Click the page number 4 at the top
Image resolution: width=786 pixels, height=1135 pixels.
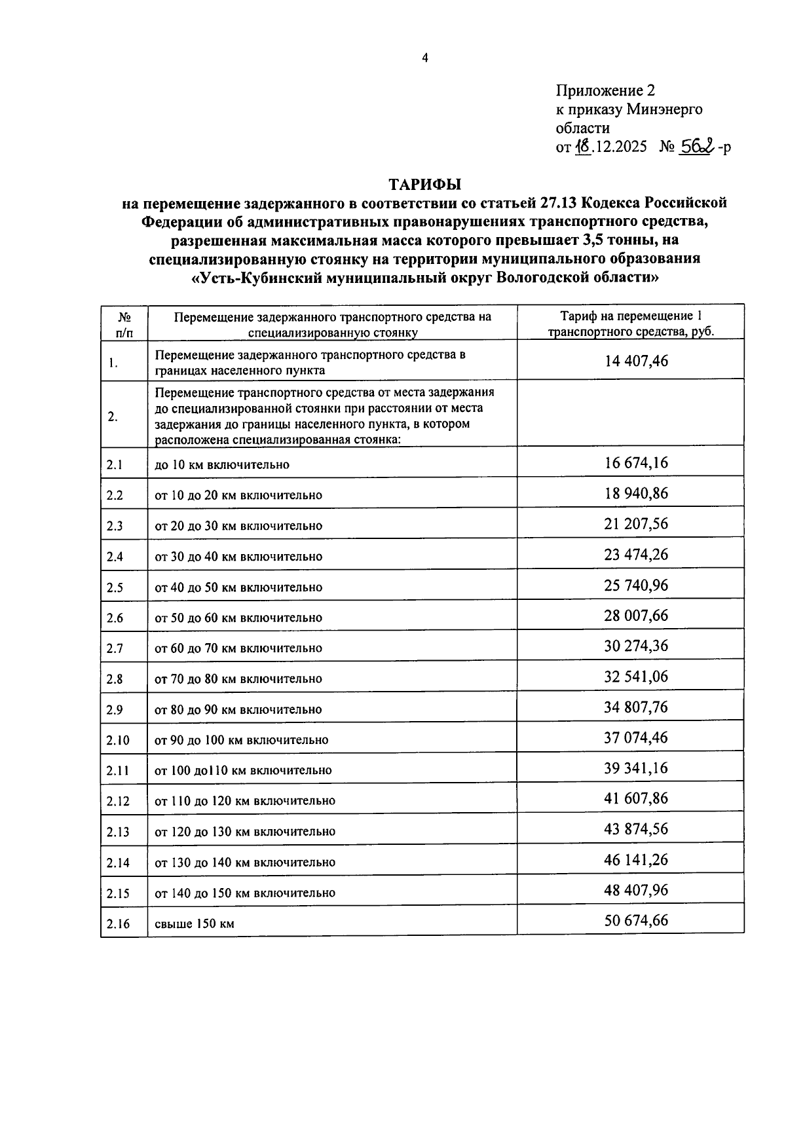(x=424, y=58)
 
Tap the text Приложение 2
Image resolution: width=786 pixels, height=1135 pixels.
(x=605, y=90)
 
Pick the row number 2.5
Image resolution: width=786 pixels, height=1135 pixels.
(x=115, y=587)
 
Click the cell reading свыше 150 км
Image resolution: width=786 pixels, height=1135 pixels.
(x=195, y=924)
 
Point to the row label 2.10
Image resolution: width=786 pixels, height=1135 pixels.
(x=118, y=740)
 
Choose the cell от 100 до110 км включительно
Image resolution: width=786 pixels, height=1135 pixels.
(x=243, y=770)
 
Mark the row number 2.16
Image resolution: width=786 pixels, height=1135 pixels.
(x=118, y=924)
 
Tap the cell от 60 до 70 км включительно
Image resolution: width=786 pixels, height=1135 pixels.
(x=238, y=648)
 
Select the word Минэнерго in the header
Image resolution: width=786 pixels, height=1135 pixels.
(x=664, y=109)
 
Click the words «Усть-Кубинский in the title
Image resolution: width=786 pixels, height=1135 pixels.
(x=254, y=277)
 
